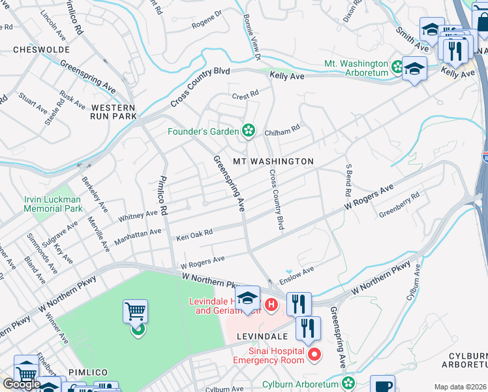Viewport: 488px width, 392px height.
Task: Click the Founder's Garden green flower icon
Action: (248, 131)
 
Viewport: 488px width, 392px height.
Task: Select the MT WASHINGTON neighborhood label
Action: (273, 161)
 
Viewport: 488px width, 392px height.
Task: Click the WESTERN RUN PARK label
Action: (113, 112)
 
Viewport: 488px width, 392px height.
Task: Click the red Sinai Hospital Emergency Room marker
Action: (314, 355)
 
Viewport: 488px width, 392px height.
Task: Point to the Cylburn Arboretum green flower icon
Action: (349, 383)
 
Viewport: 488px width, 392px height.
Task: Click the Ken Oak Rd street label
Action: (194, 235)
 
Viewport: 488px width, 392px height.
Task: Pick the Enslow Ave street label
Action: (297, 274)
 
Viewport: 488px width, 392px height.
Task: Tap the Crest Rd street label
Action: (245, 96)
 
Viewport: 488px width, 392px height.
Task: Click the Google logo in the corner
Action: (21, 384)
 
